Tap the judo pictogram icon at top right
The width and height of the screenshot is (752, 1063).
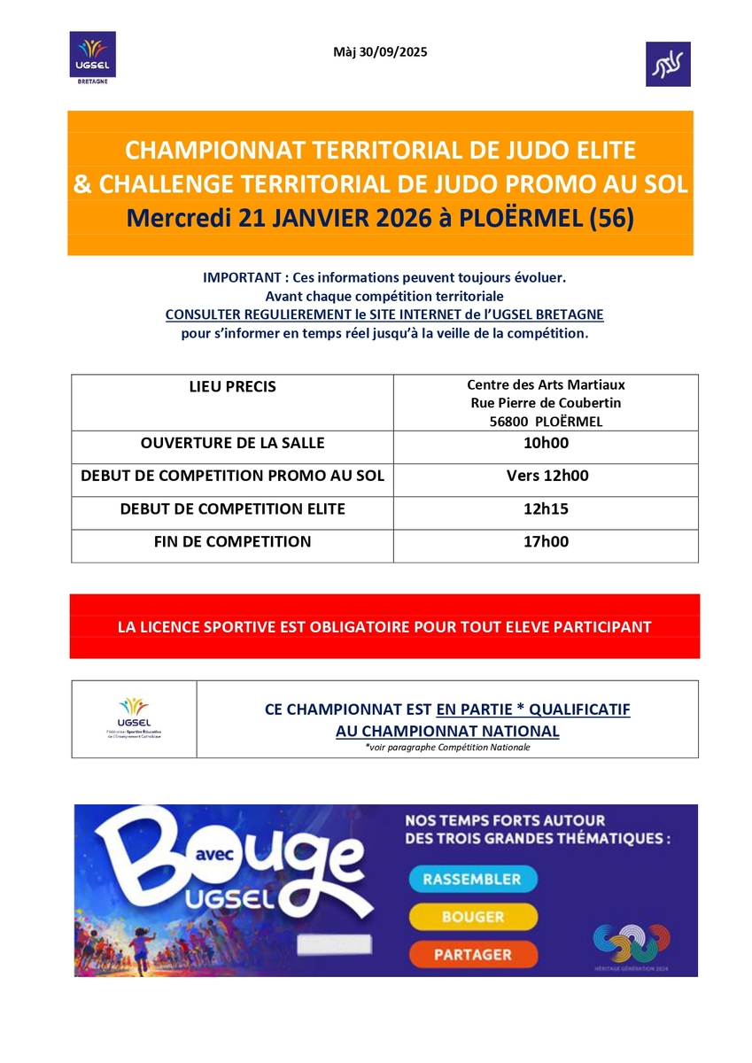point(668,64)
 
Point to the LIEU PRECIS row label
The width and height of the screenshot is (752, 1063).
point(232,387)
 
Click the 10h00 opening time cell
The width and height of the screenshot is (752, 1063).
point(547,443)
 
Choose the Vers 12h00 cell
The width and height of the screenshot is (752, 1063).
point(547,476)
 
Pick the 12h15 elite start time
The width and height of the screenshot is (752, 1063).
point(547,508)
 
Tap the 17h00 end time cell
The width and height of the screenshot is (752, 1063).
point(547,541)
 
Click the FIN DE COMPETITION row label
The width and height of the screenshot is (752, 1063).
point(232,541)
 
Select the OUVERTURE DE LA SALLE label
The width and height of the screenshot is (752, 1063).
point(232,443)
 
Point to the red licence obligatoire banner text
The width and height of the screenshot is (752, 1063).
point(384,626)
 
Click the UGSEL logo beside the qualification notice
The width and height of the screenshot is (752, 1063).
point(134,718)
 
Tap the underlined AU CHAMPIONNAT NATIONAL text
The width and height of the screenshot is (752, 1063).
point(447,732)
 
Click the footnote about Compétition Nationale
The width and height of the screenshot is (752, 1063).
point(447,748)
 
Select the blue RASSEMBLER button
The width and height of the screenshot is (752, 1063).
point(473,880)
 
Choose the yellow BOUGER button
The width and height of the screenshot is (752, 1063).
point(473,917)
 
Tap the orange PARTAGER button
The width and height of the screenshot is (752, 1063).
point(473,955)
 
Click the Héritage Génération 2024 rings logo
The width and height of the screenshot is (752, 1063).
point(632,943)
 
